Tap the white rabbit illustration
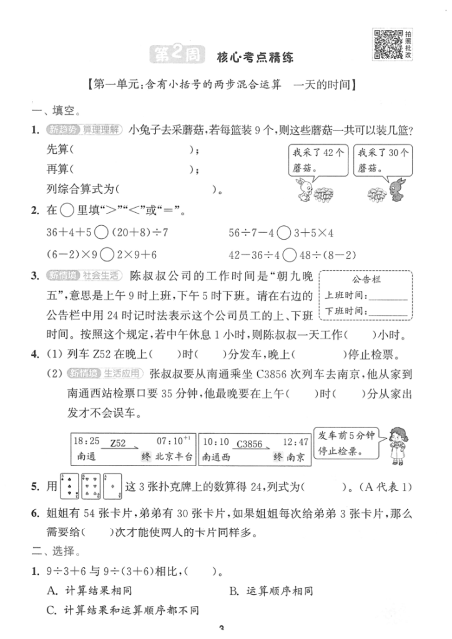(x=303, y=191)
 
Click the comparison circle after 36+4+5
(x=101, y=233)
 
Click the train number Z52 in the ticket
(x=118, y=443)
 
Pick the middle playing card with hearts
(x=92, y=485)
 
